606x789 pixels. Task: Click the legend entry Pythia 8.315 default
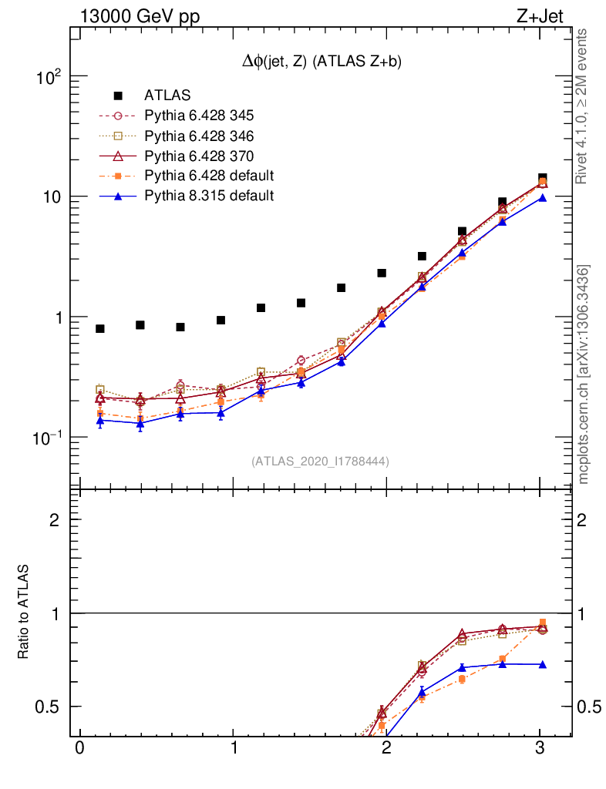(208, 196)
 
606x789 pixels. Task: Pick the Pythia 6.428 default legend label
(208, 176)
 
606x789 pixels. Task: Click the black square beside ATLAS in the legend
(118, 96)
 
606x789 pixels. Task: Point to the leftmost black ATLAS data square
(100, 329)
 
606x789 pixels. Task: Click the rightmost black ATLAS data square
(542, 179)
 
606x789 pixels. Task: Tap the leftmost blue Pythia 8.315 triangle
(100, 420)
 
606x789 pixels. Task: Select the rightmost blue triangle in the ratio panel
(542, 664)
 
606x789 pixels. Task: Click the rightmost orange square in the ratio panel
(542, 623)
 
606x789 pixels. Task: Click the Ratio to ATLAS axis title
(24, 612)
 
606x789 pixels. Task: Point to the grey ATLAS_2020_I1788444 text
(320, 462)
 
